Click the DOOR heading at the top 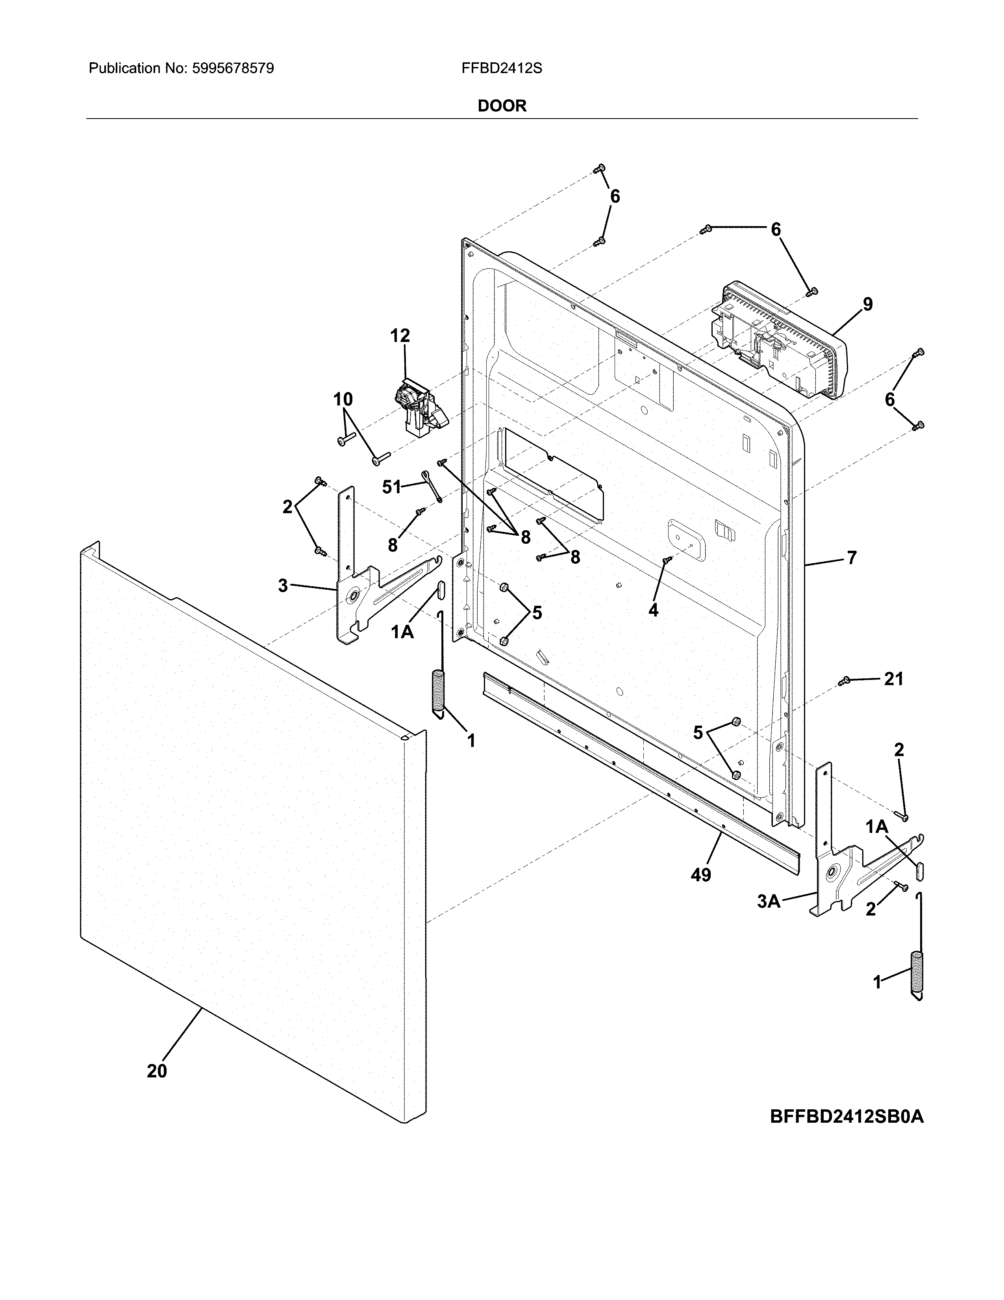tap(502, 106)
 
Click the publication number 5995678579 tap(233, 69)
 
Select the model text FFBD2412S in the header tap(501, 69)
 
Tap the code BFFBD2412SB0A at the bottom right tap(847, 1117)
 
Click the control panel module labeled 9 tap(779, 342)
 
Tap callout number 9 tap(868, 304)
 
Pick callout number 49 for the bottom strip tap(701, 875)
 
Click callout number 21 tap(893, 679)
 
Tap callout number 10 tap(343, 399)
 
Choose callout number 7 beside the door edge tap(852, 558)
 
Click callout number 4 tap(653, 610)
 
